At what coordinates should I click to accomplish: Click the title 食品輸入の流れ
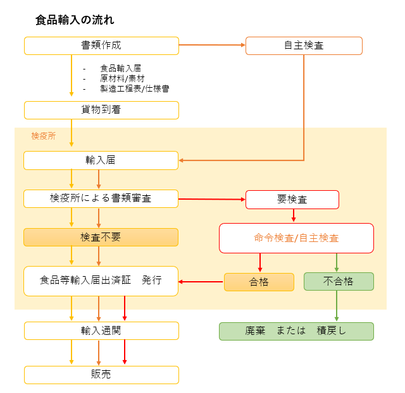(75, 20)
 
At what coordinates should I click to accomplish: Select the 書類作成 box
(101, 45)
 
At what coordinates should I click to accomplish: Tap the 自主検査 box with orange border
(304, 45)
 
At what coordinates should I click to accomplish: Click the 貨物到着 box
(101, 110)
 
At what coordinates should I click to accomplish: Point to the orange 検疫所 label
(44, 136)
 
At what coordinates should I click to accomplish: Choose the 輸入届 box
(101, 160)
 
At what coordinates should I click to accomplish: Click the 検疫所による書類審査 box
(101, 198)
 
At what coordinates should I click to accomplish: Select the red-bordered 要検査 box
(292, 200)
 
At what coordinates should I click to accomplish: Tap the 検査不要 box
(101, 237)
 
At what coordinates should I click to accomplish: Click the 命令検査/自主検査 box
(296, 238)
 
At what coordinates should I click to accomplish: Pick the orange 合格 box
(259, 282)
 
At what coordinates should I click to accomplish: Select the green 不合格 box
(339, 281)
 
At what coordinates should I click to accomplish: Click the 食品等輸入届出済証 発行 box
(101, 281)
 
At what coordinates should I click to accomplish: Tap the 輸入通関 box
(101, 330)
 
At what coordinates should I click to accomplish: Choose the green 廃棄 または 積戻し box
(296, 331)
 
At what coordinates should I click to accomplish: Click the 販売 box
(101, 375)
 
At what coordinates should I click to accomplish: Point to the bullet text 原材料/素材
(122, 78)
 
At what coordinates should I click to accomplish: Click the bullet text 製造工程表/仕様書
(135, 88)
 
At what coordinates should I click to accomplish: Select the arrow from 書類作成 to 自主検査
(212, 45)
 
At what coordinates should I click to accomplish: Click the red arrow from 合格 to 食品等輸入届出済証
(201, 282)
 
